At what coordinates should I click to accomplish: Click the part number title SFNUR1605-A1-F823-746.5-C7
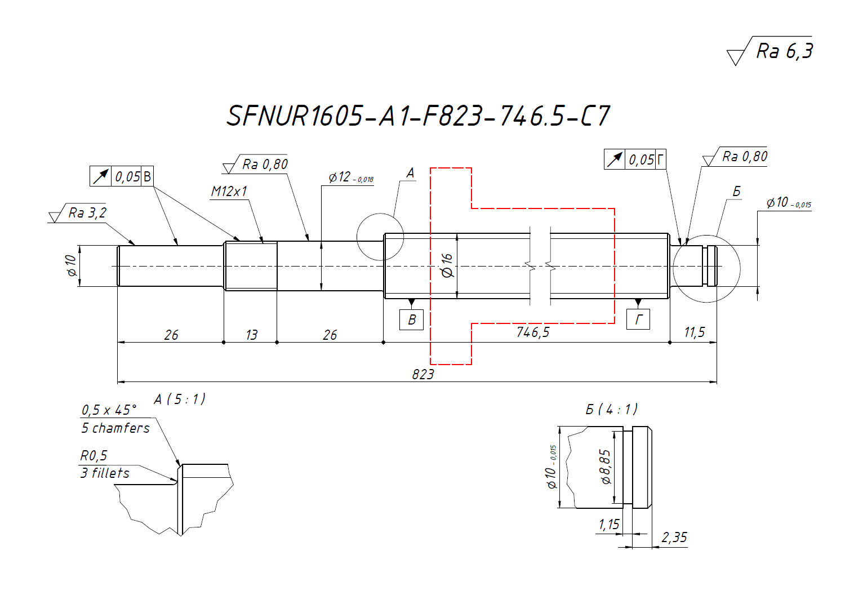[418, 116]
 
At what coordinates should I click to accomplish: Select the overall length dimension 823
[422, 374]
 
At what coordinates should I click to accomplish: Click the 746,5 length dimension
[532, 332]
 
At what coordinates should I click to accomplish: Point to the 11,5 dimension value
[694, 332]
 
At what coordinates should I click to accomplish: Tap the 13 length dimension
[251, 335]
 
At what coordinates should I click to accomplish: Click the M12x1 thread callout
[229, 192]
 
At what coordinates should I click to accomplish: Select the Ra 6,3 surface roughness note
[784, 51]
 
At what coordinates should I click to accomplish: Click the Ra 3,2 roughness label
[87, 213]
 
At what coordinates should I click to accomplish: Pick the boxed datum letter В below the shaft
[411, 319]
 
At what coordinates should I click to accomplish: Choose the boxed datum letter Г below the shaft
[638, 319]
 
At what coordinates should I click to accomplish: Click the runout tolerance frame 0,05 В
[121, 176]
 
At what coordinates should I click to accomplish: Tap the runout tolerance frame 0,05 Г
[635, 159]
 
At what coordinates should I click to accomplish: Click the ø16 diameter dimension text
[447, 265]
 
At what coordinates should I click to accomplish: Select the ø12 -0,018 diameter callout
[350, 177]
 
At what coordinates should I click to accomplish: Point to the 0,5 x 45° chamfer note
[109, 410]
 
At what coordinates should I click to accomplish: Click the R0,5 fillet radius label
[94, 455]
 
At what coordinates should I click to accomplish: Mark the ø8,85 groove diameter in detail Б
[605, 467]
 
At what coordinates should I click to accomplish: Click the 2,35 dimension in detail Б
[674, 538]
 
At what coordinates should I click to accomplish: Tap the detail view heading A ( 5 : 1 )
[180, 400]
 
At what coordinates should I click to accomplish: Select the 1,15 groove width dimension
[608, 525]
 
